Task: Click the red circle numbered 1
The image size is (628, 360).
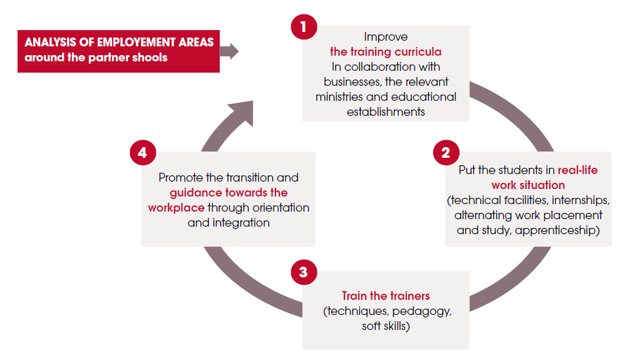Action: [304, 27]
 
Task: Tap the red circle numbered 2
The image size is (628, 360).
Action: [446, 153]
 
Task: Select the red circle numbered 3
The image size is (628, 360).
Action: [304, 272]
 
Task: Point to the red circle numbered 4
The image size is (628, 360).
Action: [143, 153]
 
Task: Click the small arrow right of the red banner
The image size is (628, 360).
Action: [229, 51]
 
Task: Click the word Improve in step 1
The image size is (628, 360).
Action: [386, 37]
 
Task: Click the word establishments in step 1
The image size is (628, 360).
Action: [386, 111]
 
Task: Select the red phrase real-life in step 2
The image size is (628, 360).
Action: [577, 170]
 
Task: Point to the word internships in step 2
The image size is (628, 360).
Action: [581, 200]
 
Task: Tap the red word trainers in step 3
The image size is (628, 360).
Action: [409, 296]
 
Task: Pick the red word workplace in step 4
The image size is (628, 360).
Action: [176, 208]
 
